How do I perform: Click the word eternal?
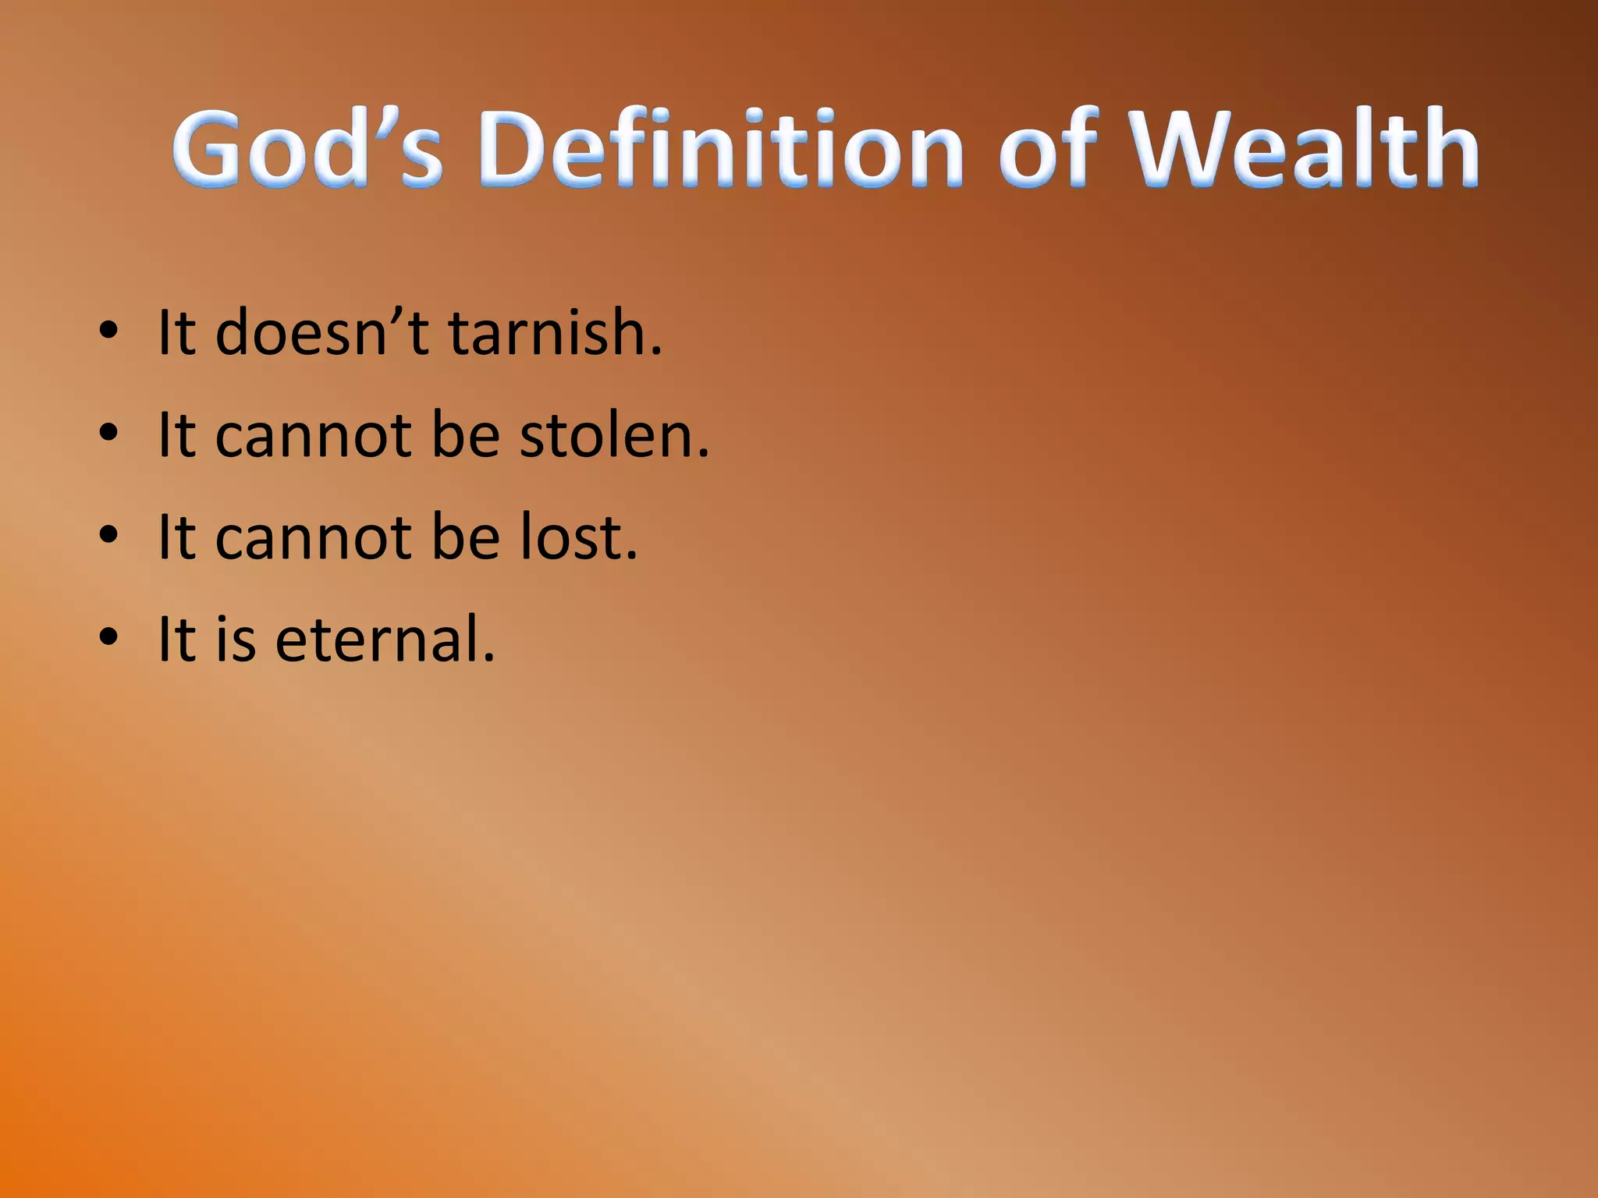[385, 640]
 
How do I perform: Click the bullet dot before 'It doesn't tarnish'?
[108, 331]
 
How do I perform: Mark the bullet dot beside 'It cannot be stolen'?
[108, 433]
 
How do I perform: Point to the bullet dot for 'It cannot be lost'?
[108, 536]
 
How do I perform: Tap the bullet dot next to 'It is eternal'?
[108, 637]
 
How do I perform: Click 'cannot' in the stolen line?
[313, 436]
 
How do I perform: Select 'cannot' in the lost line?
[313, 538]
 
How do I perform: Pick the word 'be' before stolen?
[465, 434]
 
